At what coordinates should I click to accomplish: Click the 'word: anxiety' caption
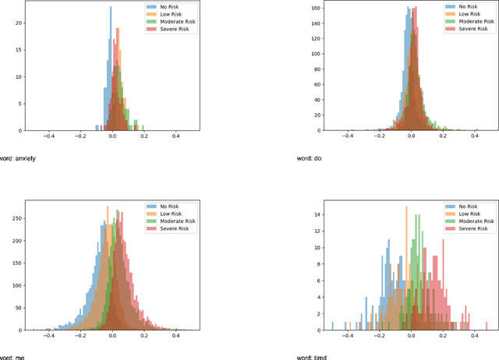18,159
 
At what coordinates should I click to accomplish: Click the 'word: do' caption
311,159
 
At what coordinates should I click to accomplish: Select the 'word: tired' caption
314,357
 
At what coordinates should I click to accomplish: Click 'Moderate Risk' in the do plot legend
476,23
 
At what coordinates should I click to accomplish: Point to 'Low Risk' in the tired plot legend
469,214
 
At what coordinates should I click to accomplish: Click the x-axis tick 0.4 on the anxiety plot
175,136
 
